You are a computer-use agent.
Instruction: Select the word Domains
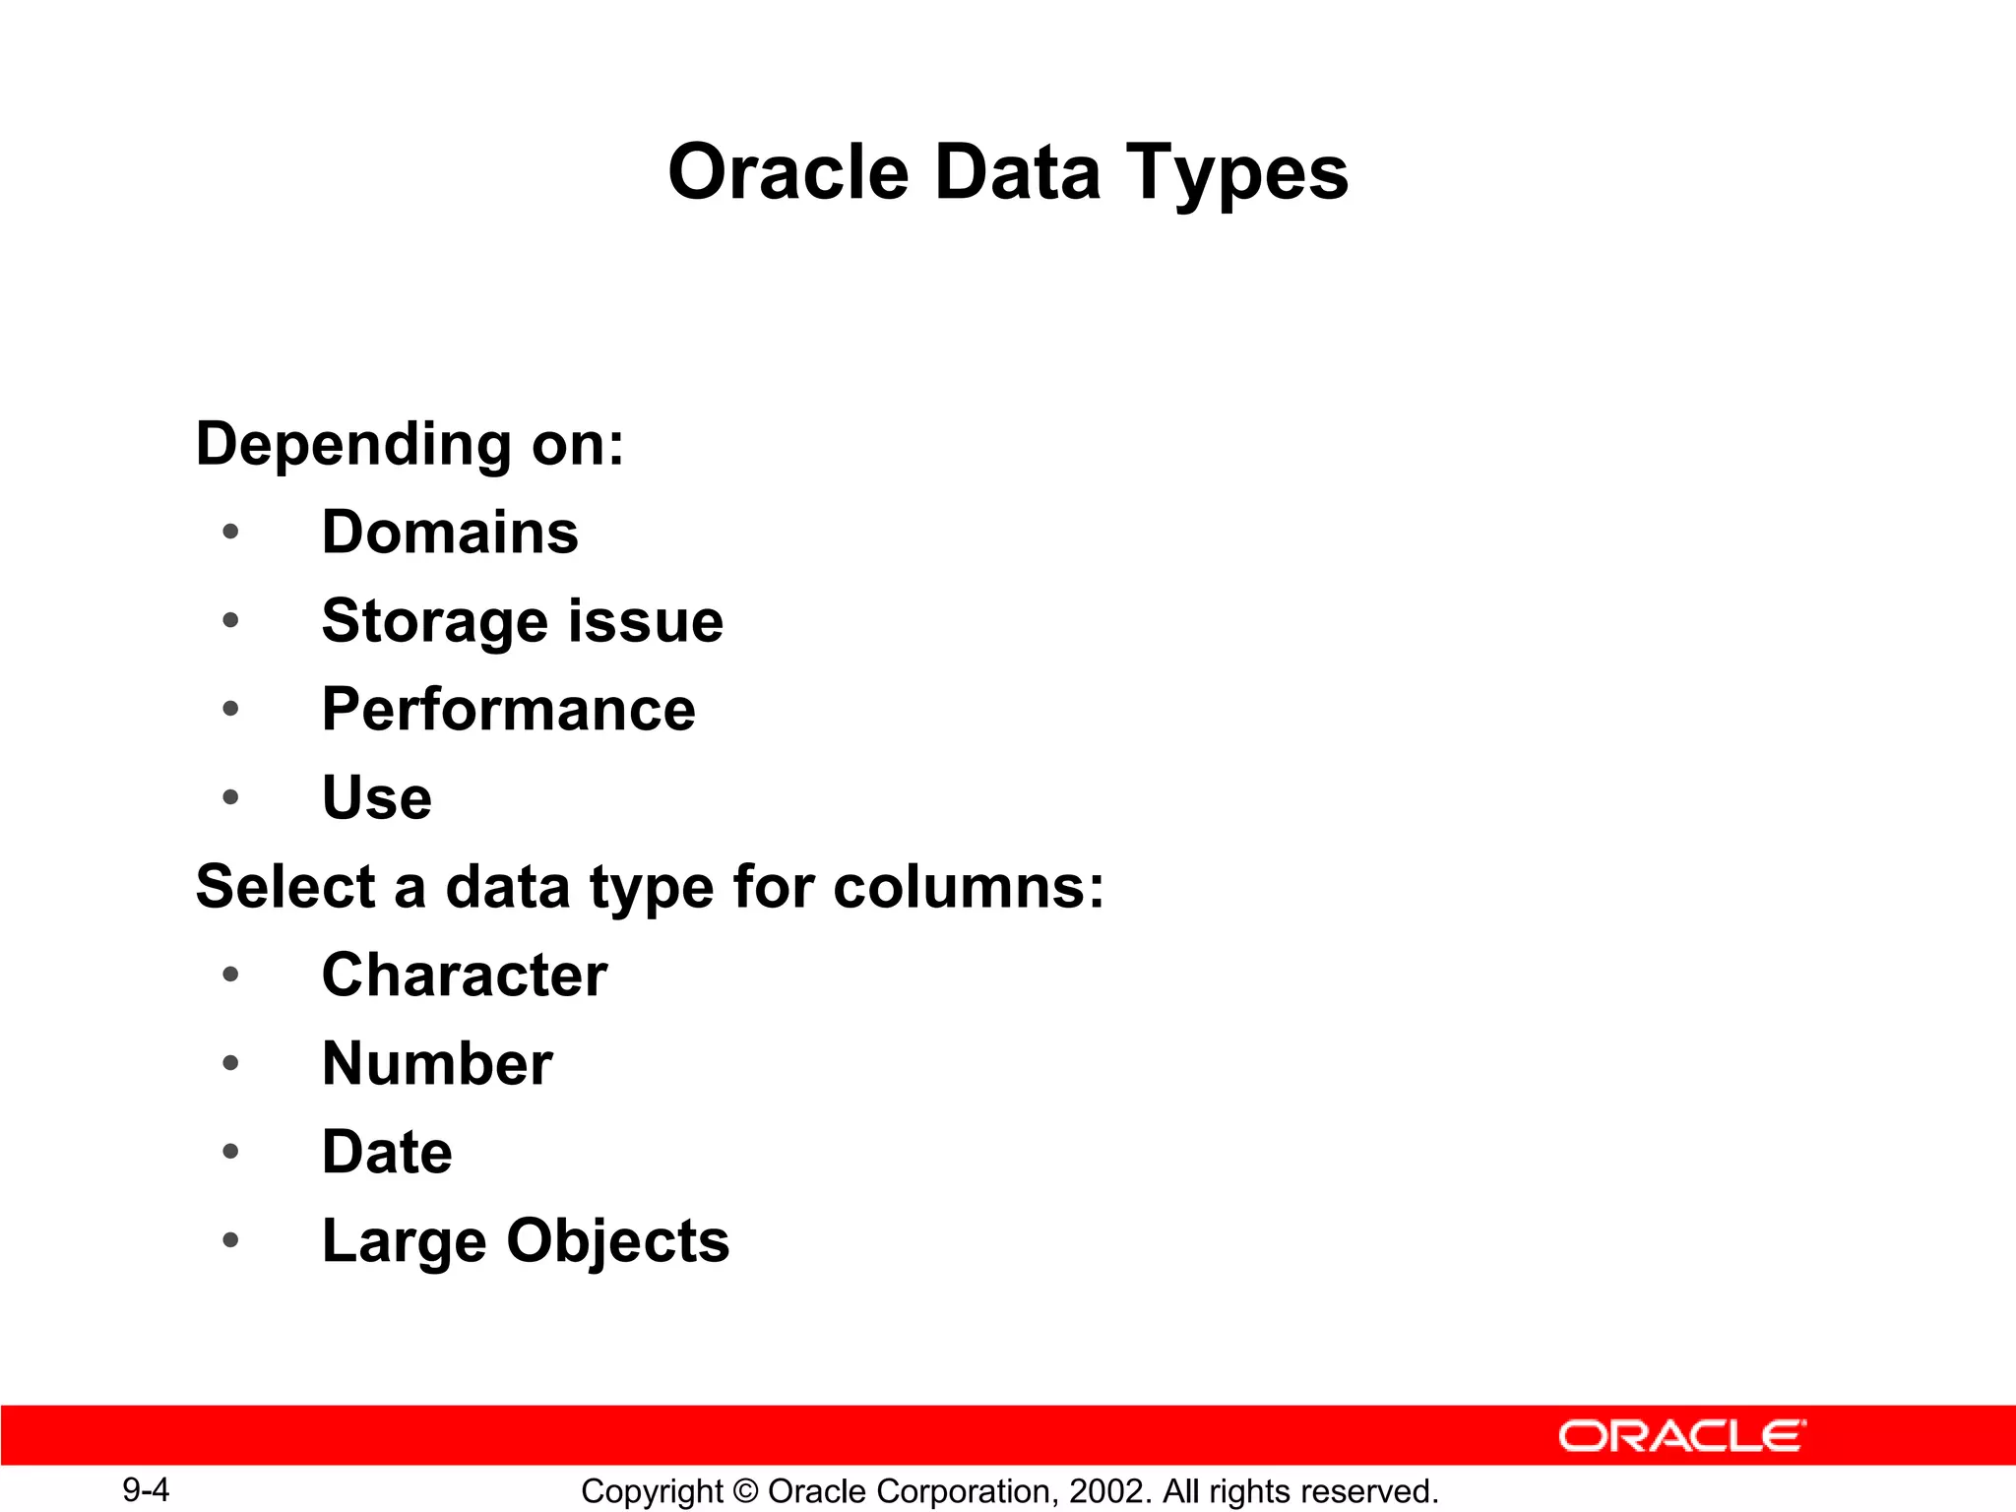[x=450, y=533]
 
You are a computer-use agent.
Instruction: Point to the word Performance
[x=508, y=710]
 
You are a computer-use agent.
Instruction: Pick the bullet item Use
[x=377, y=797]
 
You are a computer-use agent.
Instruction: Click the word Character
[x=464, y=976]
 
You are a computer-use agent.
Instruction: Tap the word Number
[x=437, y=1064]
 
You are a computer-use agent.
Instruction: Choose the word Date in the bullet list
[x=387, y=1153]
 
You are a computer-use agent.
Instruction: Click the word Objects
[x=617, y=1241]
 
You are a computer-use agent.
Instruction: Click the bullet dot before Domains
[x=230, y=533]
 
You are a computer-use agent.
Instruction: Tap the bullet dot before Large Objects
[x=230, y=1240]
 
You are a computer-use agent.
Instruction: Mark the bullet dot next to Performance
[x=230, y=709]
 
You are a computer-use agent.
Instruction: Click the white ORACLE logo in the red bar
[x=1681, y=1436]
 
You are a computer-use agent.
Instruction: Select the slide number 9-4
[x=146, y=1489]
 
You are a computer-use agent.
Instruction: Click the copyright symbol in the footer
[x=745, y=1491]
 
